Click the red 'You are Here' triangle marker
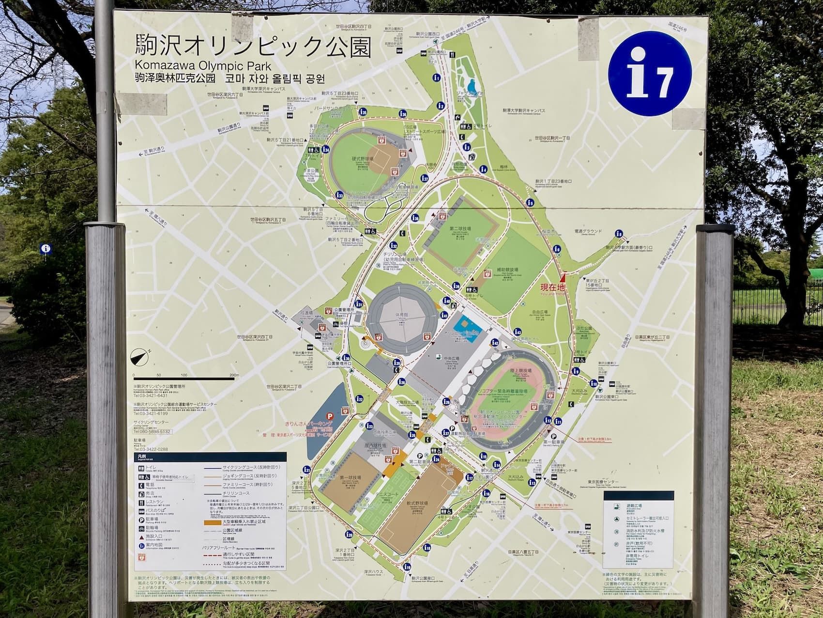tap(563, 278)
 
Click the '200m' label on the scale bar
tap(234, 375)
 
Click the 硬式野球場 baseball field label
tap(363, 159)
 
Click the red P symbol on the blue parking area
tap(330, 415)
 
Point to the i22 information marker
tap(359, 398)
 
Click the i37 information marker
tap(425, 178)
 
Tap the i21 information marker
tap(306, 469)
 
